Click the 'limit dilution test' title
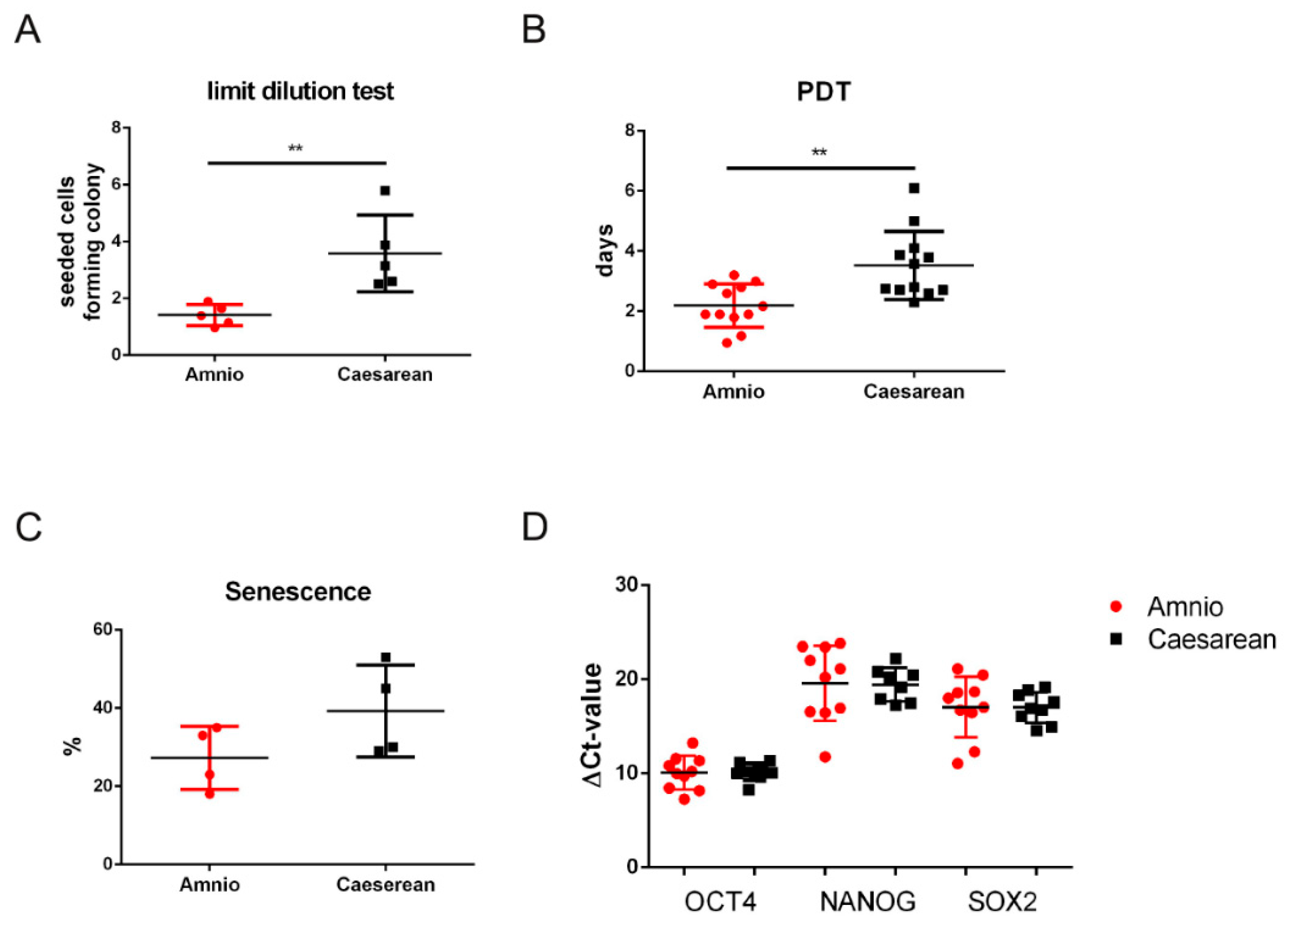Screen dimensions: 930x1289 tap(300, 92)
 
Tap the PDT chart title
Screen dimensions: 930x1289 tap(824, 92)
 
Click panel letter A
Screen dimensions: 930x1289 tap(28, 30)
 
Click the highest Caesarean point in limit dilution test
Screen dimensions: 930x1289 tap(385, 191)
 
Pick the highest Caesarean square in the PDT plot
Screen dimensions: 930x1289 tap(914, 188)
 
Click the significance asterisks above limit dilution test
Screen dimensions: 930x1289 tap(295, 149)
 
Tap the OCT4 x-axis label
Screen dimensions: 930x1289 tap(720, 902)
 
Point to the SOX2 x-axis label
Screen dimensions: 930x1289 tap(1003, 902)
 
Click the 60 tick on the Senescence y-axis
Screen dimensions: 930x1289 tap(104, 630)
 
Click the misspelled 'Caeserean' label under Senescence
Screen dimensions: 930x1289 tap(386, 885)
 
